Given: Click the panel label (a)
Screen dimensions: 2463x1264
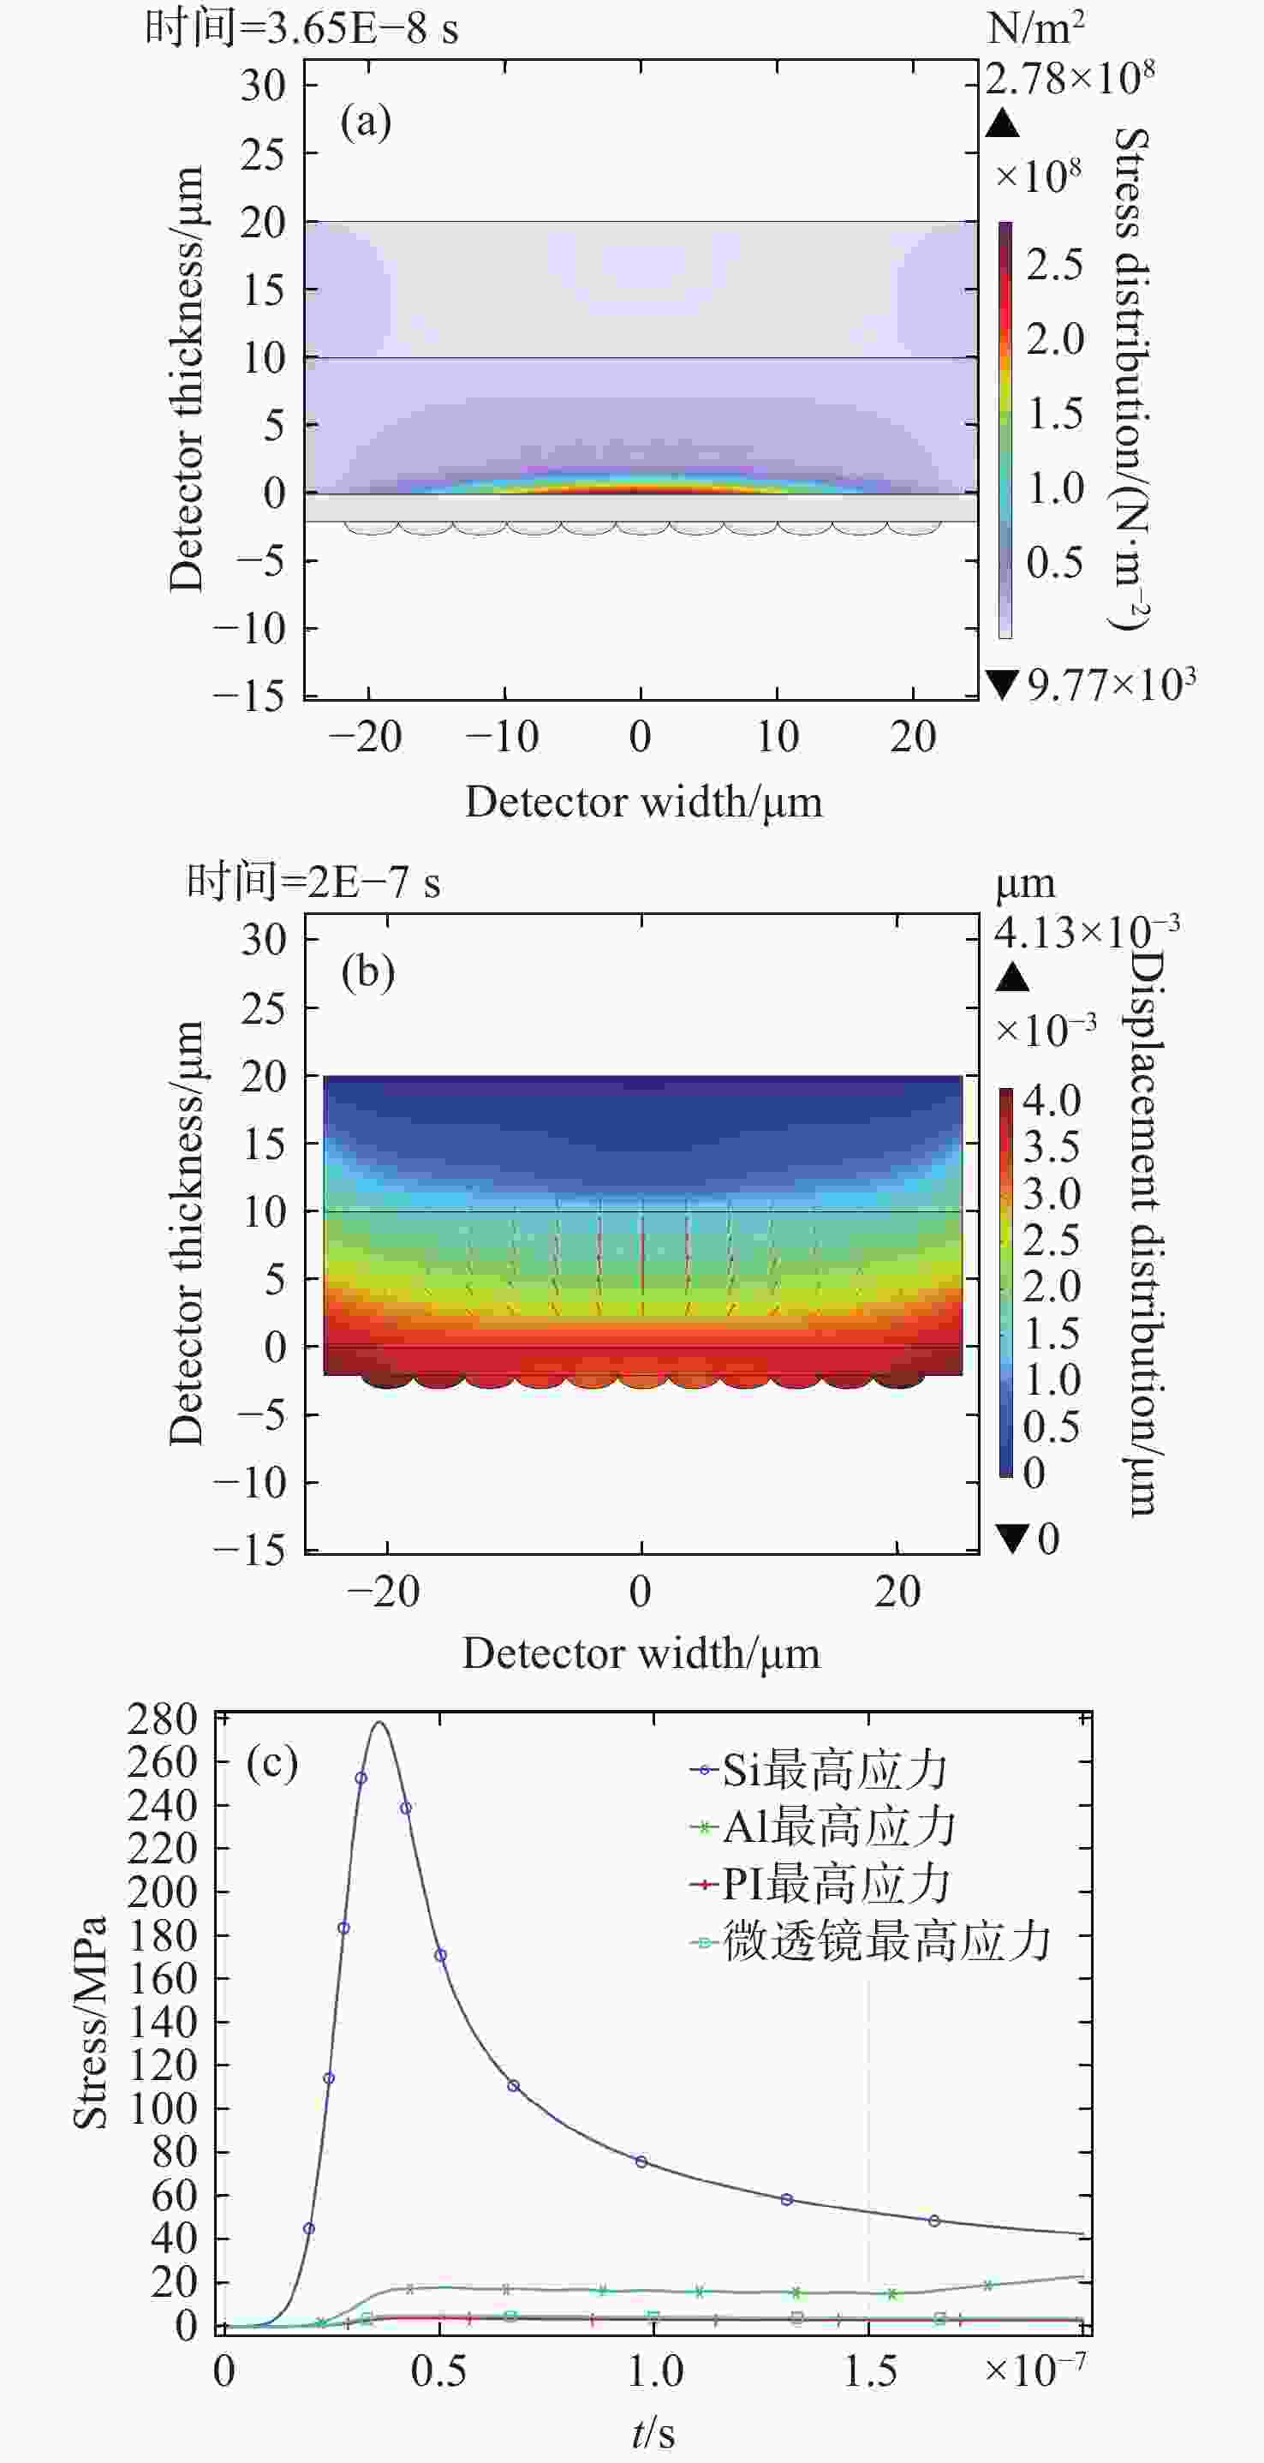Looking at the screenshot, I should pos(367,123).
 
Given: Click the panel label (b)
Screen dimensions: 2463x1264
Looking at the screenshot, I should pos(368,972).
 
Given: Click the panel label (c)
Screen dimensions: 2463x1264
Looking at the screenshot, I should pos(271,1762).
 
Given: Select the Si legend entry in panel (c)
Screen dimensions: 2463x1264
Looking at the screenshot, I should pos(818,1770).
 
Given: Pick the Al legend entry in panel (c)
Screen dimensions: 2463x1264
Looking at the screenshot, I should pos(822,1827).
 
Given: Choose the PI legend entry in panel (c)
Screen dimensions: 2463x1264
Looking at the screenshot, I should pos(820,1885).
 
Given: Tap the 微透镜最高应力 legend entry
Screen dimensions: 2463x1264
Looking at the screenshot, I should pos(870,1942).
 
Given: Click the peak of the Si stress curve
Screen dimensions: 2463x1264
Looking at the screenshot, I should pos(379,1723).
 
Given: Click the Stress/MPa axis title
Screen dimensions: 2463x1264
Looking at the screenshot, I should pos(90,2022).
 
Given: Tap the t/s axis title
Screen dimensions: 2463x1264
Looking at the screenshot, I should pos(654,2432).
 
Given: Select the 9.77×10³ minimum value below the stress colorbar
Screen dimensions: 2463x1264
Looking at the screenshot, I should pos(1109,684).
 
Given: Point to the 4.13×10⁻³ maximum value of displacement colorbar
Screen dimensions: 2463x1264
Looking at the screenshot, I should pos(1085,931).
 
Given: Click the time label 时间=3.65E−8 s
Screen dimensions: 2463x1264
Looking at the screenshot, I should pos(301,28).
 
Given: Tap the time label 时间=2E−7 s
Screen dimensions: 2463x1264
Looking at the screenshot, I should pos(313,882).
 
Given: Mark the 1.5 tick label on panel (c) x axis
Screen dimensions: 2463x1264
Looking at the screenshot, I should pos(869,2372).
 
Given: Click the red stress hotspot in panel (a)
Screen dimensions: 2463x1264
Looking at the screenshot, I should pos(641,488).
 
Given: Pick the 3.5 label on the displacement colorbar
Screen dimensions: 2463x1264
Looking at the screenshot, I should pos(1051,1146).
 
